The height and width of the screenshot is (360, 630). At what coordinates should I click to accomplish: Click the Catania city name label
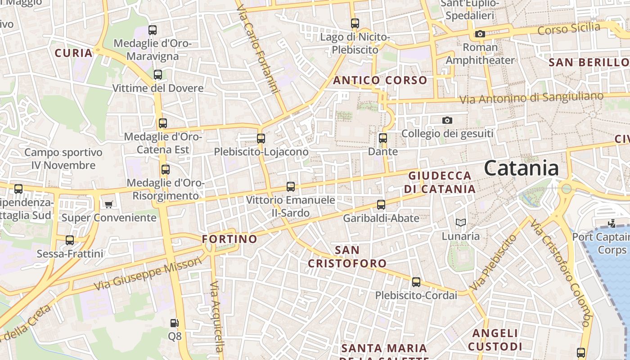point(522,168)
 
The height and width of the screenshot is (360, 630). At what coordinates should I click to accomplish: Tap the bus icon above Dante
point(383,138)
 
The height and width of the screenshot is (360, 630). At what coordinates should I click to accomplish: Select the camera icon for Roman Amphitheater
point(480,34)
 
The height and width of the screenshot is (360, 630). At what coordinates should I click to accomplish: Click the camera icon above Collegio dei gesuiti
point(447,120)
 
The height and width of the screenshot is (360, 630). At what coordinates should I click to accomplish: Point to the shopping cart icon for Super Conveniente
point(108,205)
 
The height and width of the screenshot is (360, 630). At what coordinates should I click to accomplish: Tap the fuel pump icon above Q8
point(174,323)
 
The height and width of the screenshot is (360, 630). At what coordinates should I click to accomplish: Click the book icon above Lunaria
point(460,222)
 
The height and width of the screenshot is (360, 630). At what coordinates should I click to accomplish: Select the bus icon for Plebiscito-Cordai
point(416,282)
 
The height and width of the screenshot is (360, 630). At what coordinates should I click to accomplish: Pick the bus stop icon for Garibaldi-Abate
point(381,205)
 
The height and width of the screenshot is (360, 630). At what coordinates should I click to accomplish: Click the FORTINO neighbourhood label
point(229,239)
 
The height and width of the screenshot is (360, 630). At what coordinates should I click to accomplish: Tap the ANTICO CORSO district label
point(380,81)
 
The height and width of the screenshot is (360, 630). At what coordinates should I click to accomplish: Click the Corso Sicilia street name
point(569,29)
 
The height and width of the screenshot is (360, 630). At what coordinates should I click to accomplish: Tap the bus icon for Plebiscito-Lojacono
point(261,139)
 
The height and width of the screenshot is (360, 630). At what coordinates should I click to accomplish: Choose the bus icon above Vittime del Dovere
point(158,75)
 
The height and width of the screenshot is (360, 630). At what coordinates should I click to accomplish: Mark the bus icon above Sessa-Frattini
point(70,240)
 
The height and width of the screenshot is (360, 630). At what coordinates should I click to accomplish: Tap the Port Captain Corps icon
point(612,223)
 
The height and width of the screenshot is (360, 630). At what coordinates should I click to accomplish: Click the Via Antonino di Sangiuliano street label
point(531,98)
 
